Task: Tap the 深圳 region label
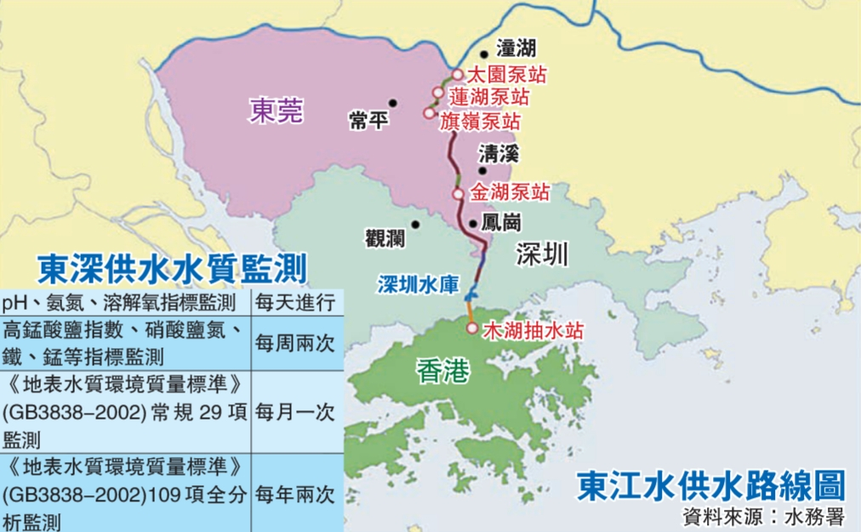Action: pyautogui.click(x=540, y=254)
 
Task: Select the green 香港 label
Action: pyautogui.click(x=444, y=370)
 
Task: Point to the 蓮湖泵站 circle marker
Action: pyautogui.click(x=437, y=93)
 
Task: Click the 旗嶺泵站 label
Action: pyautogui.click(x=480, y=121)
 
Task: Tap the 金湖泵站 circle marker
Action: pyautogui.click(x=458, y=194)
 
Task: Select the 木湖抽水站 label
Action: pyautogui.click(x=533, y=330)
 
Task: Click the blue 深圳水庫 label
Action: pyautogui.click(x=419, y=285)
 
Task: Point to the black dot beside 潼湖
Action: pyautogui.click(x=484, y=54)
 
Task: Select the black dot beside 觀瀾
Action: pyautogui.click(x=416, y=225)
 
